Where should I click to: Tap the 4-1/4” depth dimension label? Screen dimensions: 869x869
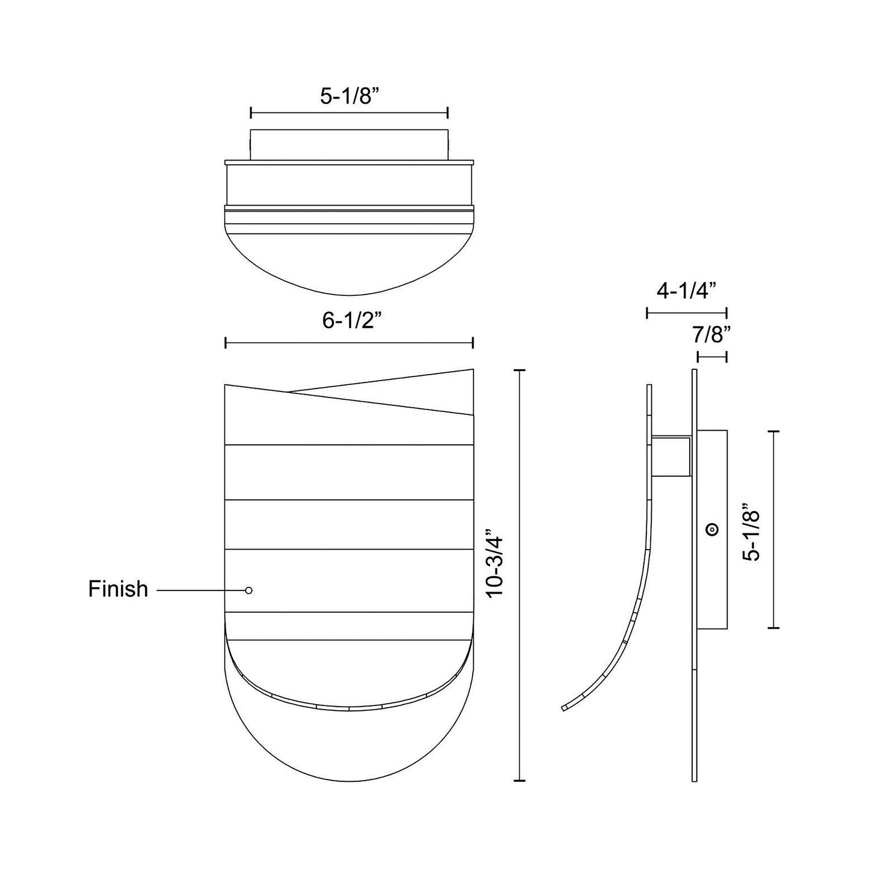686,291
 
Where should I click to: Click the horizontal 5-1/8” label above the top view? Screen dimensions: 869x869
349,96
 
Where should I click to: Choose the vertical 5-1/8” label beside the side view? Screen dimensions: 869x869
752,532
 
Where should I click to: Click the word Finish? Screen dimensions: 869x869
118,589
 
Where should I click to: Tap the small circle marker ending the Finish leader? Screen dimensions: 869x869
248,591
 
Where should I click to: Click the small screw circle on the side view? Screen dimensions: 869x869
712,530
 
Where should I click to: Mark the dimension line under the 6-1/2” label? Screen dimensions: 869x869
349,343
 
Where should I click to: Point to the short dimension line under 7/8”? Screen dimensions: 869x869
712,357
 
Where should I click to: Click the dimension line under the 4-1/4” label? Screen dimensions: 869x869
686,313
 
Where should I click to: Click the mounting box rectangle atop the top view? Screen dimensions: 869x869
349,144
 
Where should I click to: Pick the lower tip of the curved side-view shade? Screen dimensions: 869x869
564,708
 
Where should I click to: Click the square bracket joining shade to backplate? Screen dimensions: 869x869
672,456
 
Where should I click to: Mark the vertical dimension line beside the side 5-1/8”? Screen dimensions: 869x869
773,530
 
